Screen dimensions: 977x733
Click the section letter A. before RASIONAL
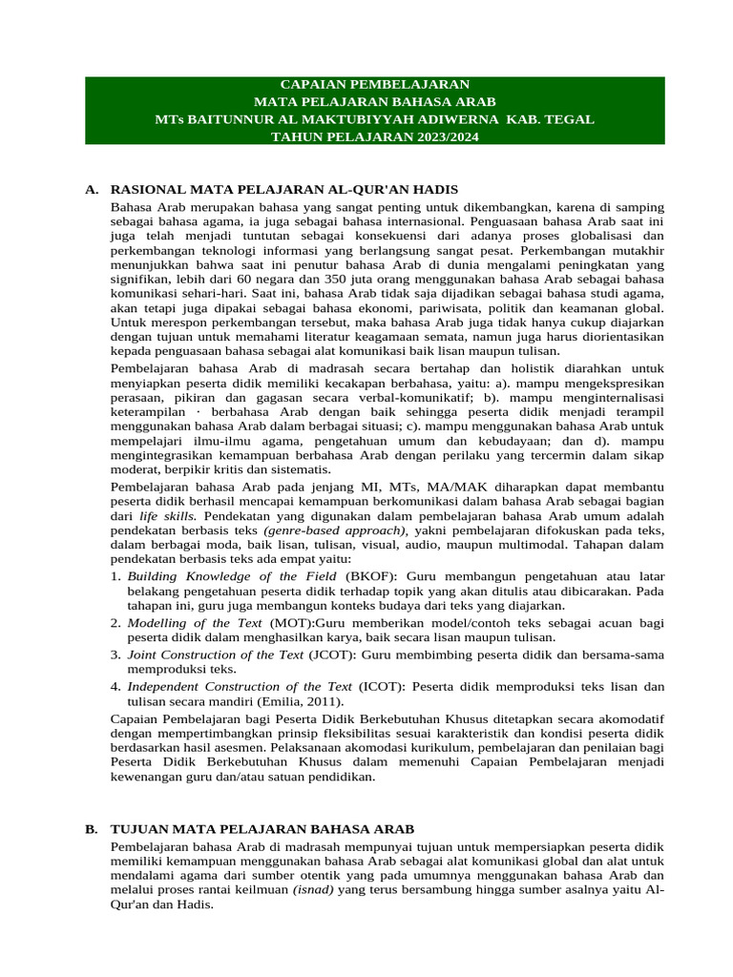(x=92, y=190)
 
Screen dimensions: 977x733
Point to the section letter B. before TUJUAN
(x=92, y=829)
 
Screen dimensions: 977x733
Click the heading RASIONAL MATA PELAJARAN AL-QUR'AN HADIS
(x=285, y=190)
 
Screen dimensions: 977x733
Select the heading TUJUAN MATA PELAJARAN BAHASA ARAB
(x=270, y=829)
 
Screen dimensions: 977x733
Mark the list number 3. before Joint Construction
(x=115, y=655)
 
